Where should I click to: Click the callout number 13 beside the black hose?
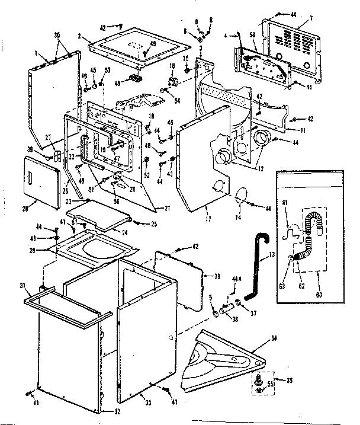coord(272,255)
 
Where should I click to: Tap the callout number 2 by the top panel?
coord(79,36)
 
